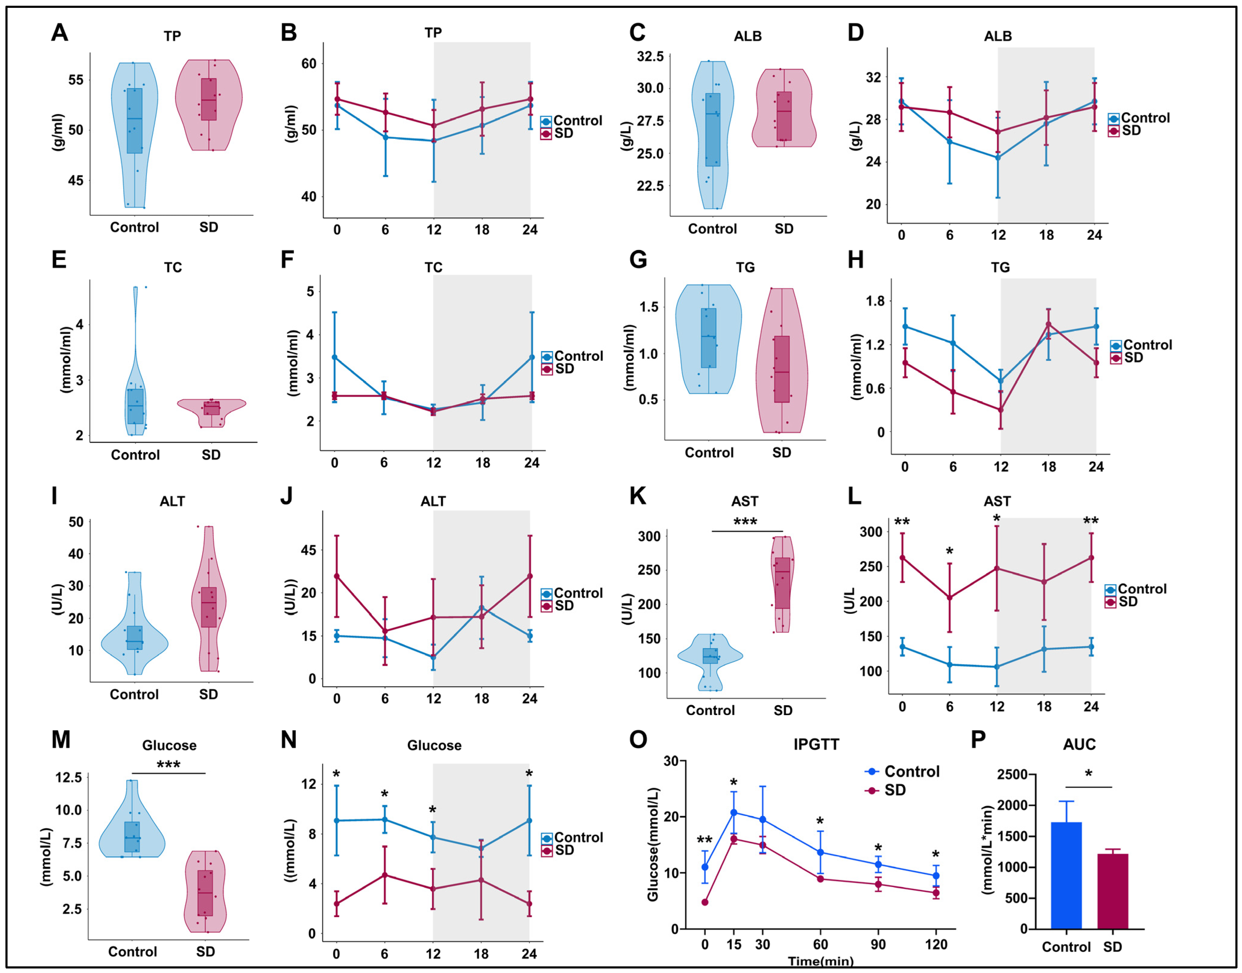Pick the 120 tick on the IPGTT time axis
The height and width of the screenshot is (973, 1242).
pos(936,945)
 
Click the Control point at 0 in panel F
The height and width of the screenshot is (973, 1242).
pos(335,357)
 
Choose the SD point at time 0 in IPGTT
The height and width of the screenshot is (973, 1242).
pos(705,902)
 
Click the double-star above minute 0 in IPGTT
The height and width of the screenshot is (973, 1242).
pos(705,841)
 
